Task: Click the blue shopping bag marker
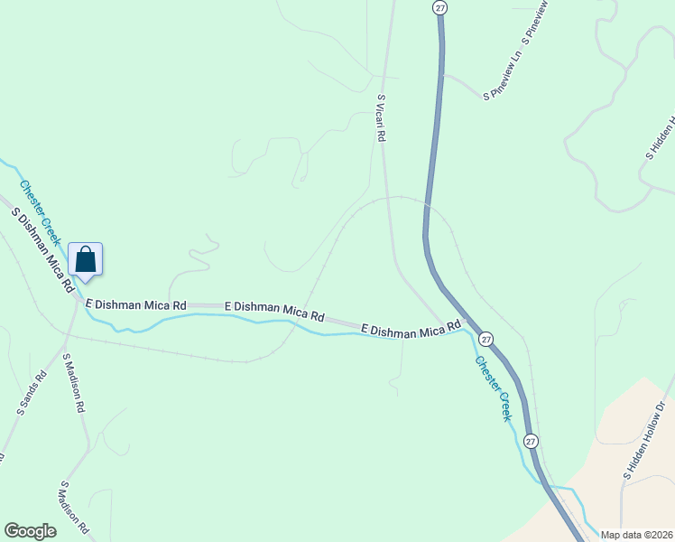[x=86, y=259]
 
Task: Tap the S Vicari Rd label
[x=382, y=118]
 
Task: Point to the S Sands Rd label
[x=31, y=394]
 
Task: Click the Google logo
[x=31, y=531]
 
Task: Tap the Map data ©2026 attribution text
[x=636, y=535]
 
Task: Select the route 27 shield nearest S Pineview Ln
[x=439, y=7]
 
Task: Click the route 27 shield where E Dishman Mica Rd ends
[x=485, y=339]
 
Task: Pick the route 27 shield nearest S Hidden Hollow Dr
[x=531, y=441]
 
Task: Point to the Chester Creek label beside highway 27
[x=493, y=388]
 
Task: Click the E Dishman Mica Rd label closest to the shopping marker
[x=136, y=305]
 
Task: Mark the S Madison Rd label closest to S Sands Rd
[x=73, y=383]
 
